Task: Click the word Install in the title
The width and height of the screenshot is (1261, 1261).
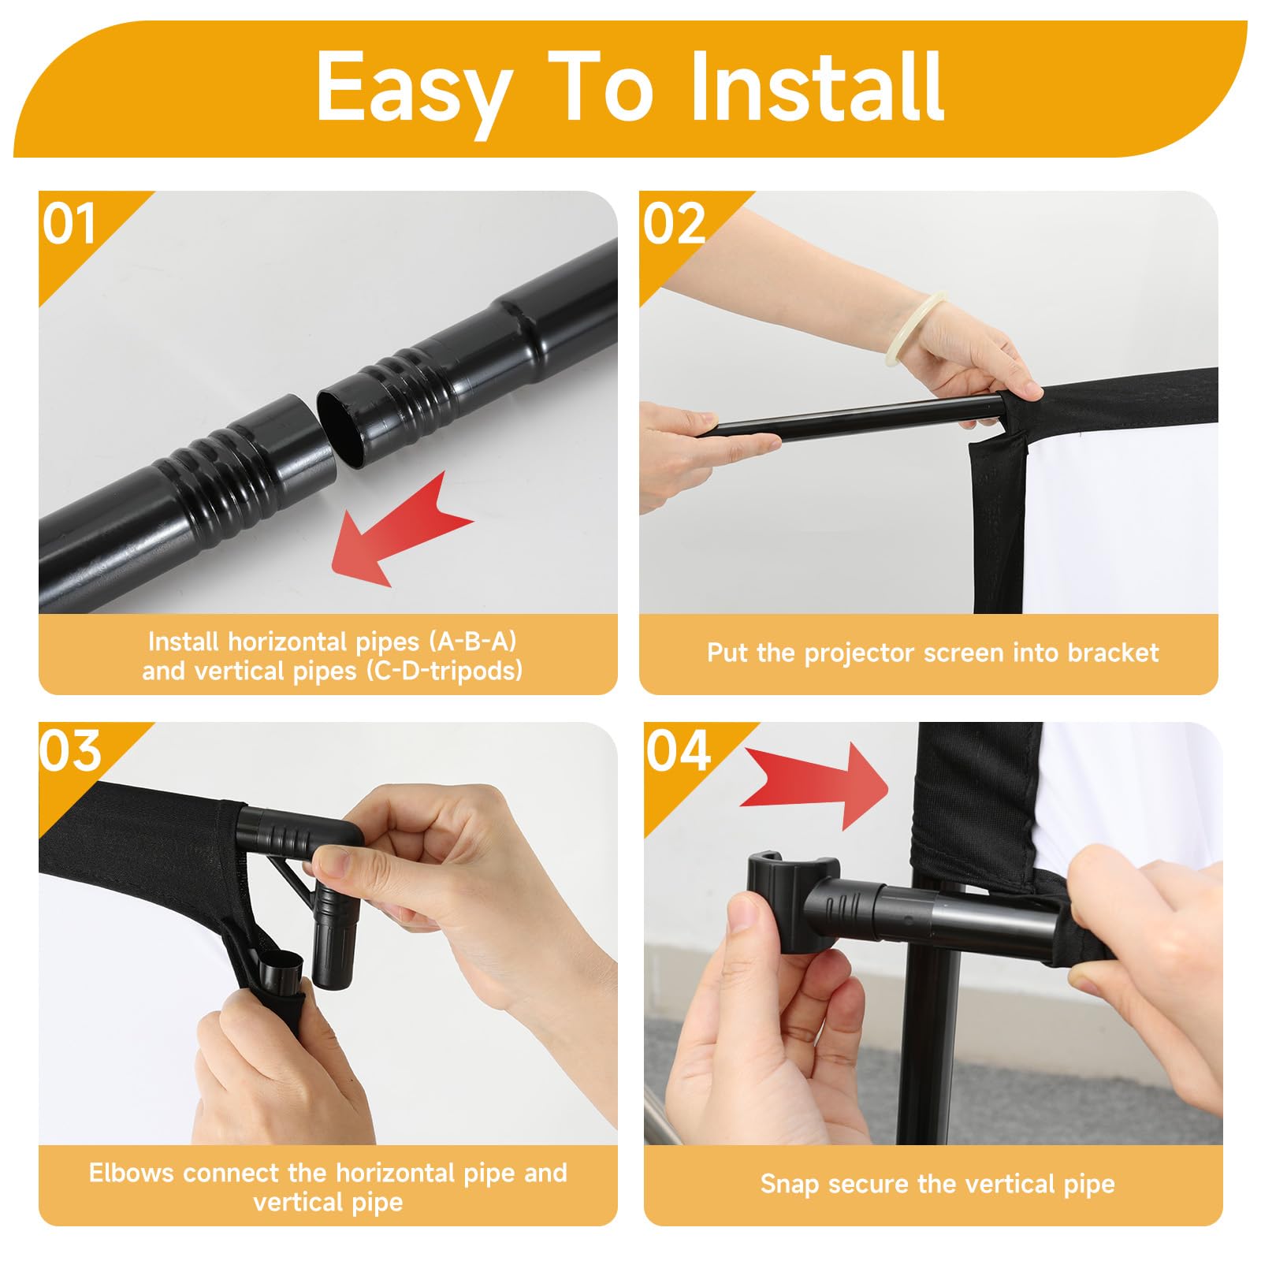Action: tap(817, 87)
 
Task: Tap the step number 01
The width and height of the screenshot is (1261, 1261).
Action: tap(69, 224)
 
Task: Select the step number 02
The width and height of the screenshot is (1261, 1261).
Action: tap(675, 224)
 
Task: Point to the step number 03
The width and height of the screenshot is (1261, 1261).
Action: tap(71, 750)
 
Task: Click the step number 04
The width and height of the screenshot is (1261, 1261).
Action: tap(679, 750)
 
